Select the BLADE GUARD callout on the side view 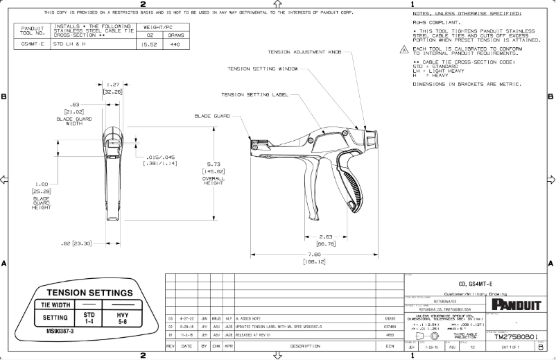211,116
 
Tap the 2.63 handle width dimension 326,236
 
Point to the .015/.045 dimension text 161,157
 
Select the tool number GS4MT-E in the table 33,43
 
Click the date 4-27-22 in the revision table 185,318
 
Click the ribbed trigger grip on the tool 353,187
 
